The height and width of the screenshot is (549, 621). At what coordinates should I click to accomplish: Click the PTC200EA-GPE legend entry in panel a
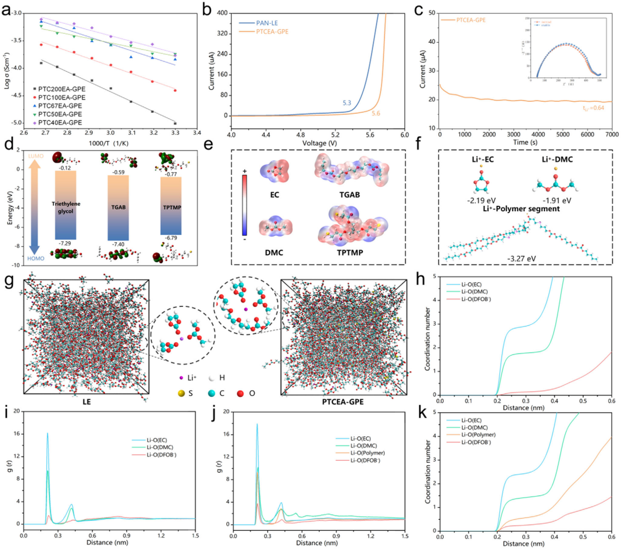62,89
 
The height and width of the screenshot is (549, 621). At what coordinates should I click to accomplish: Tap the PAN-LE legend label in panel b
267,23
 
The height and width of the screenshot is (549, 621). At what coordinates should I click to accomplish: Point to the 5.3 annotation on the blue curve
347,103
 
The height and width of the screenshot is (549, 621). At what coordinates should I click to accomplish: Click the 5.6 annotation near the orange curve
376,113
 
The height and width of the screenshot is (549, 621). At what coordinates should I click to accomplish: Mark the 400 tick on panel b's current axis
222,13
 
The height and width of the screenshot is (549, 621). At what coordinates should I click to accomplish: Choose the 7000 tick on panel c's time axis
612,134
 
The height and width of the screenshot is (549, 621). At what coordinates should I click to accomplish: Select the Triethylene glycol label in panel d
66,207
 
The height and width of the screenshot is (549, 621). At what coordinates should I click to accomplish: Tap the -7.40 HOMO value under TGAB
118,244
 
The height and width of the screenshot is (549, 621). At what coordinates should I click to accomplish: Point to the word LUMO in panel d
36,156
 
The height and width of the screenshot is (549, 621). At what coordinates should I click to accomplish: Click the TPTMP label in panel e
350,253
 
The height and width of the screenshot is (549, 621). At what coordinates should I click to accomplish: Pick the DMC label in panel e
274,253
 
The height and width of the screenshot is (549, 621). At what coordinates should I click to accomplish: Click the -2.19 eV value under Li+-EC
482,200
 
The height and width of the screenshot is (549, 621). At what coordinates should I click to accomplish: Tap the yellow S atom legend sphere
182,393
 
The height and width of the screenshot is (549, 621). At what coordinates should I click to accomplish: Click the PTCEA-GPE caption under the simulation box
343,402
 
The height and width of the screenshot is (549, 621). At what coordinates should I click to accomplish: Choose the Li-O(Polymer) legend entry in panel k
478,435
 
